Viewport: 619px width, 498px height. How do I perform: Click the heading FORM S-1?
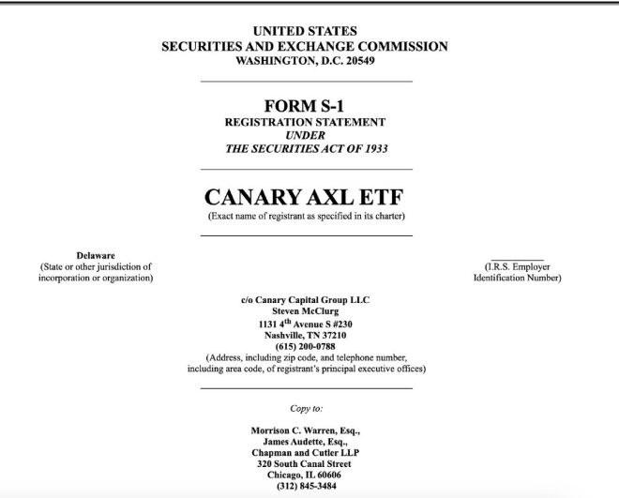point(305,106)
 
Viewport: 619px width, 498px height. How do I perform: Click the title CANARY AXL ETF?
point(305,198)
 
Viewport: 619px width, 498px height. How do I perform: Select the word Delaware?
point(95,255)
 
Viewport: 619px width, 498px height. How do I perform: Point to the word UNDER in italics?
point(305,135)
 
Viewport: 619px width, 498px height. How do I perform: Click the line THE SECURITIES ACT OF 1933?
point(305,148)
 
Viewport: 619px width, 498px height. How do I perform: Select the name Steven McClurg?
point(305,310)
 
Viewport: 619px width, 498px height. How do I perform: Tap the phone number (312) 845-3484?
point(305,486)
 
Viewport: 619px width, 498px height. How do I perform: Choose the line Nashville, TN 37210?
point(305,335)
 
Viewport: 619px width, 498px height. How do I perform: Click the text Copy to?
point(306,409)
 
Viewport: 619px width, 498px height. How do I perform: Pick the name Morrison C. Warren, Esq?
point(305,430)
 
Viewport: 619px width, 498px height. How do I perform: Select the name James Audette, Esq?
point(305,442)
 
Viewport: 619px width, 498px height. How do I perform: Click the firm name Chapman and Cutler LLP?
point(305,453)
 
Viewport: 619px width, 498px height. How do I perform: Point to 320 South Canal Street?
point(305,464)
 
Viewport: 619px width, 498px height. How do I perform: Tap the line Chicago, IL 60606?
point(305,475)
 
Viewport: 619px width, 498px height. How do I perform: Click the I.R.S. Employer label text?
point(517,267)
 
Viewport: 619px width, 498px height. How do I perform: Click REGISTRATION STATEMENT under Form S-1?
point(305,122)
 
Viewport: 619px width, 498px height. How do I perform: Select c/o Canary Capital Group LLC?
point(305,299)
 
